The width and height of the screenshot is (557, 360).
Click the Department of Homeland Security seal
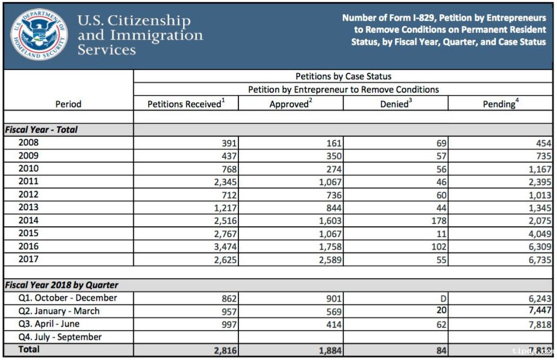39,34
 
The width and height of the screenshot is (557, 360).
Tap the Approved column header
291,104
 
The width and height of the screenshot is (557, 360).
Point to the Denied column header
396,103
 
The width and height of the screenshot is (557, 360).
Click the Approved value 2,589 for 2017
330,260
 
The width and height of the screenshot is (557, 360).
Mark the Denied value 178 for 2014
439,221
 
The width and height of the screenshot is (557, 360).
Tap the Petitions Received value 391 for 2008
229,143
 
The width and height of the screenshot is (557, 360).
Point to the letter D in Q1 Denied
443,299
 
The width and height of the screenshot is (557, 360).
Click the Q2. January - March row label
59,311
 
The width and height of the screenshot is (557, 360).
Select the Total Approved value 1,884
330,351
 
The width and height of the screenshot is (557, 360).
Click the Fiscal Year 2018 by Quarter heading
61,285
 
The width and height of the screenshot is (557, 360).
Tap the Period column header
68,104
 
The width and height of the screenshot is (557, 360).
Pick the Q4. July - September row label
60,337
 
